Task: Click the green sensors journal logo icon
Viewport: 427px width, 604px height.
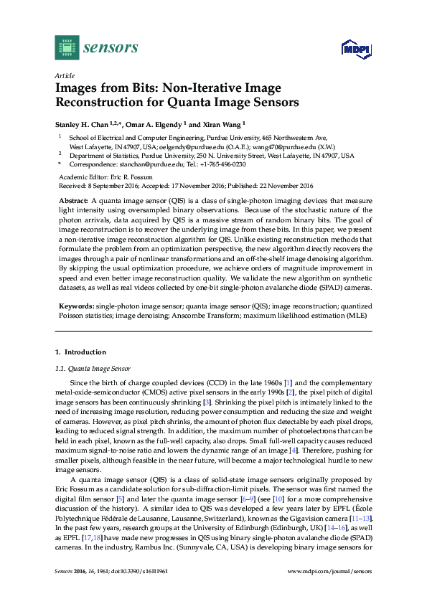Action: [x=66, y=48]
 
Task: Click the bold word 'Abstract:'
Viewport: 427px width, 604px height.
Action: [x=73, y=199]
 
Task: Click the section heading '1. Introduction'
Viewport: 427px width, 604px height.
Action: [x=80, y=352]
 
